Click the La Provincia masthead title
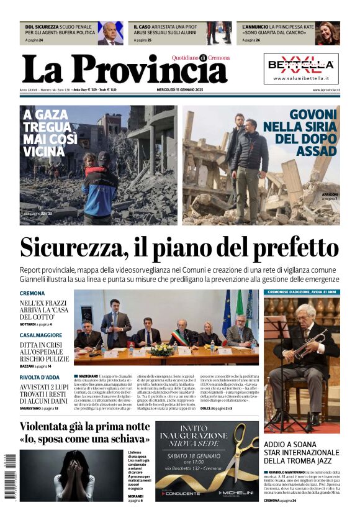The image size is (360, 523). pyautogui.click(x=124, y=69)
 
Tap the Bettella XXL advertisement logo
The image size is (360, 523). pyautogui.click(x=301, y=65)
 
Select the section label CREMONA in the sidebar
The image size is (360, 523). pyautogui.click(x=32, y=293)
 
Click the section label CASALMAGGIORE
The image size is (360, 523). pyautogui.click(x=45, y=335)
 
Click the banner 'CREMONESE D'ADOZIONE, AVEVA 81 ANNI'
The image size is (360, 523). pyautogui.click(x=302, y=292)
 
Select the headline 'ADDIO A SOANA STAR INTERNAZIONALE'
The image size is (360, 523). pyautogui.click(x=302, y=452)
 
